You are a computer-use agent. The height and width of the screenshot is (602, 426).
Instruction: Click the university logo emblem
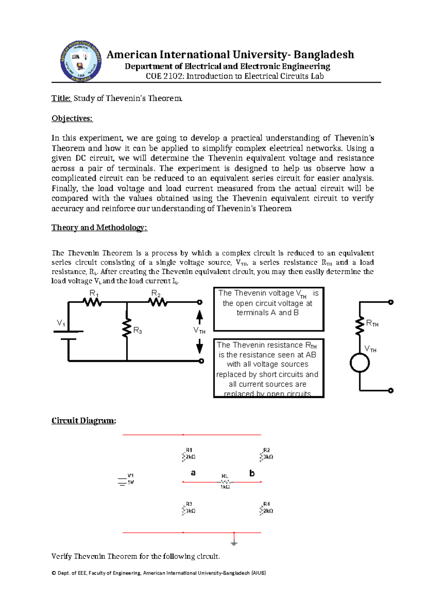click(x=81, y=61)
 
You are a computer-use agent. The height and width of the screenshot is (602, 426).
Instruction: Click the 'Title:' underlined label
click(x=61, y=98)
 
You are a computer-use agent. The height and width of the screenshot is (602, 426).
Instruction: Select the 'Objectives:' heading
click(x=72, y=119)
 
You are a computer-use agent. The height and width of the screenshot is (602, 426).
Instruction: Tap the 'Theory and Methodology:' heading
click(x=99, y=228)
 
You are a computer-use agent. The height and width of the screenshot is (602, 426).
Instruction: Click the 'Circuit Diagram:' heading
click(x=83, y=421)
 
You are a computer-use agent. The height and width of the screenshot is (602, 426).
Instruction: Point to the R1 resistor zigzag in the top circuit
click(x=92, y=302)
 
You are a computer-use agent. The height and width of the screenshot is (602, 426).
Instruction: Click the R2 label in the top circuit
click(x=156, y=294)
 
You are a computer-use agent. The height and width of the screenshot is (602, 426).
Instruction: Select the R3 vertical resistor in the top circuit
click(x=127, y=329)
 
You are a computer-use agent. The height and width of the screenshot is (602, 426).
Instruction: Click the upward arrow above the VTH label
click(x=200, y=317)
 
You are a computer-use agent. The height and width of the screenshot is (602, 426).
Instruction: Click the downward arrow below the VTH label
click(x=200, y=346)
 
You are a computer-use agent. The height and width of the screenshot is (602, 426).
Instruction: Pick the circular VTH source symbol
click(x=360, y=363)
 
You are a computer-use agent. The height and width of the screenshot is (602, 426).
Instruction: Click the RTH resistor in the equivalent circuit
click(x=360, y=326)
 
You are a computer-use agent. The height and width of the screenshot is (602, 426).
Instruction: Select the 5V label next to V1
click(x=131, y=482)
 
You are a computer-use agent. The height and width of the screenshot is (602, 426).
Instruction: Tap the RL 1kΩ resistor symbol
click(x=225, y=482)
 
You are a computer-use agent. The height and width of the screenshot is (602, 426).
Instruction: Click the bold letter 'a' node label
click(x=193, y=473)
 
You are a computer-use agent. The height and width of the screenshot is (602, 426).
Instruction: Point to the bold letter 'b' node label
click(x=252, y=473)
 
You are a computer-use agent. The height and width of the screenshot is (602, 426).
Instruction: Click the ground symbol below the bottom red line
click(x=234, y=542)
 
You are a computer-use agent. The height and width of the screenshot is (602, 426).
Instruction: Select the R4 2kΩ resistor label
click(x=267, y=508)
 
